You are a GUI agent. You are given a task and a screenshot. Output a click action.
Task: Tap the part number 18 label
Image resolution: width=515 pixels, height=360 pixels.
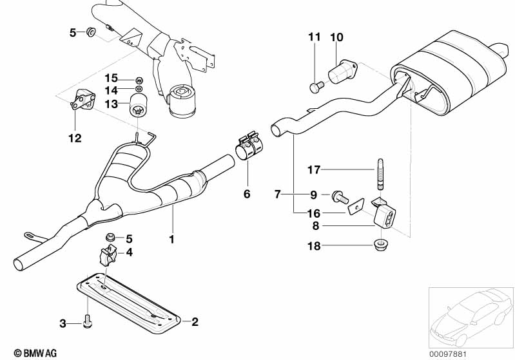(x=314, y=246)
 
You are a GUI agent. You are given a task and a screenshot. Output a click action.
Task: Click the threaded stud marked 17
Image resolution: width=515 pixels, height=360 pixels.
(x=380, y=175)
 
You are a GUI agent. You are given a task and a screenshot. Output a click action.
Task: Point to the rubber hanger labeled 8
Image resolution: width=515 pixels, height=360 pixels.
(x=385, y=214)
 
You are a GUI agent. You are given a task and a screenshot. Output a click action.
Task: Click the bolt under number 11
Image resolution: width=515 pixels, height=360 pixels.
(x=316, y=86)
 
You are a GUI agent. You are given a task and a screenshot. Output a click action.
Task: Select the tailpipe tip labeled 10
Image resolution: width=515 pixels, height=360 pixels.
(x=342, y=71)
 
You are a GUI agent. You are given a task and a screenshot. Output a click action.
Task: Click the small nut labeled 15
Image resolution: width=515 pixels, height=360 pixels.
(x=139, y=79)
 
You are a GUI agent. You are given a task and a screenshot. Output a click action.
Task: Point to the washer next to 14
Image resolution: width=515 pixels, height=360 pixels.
(x=139, y=89)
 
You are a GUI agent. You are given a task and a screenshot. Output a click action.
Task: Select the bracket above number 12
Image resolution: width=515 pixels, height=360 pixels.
(x=83, y=99)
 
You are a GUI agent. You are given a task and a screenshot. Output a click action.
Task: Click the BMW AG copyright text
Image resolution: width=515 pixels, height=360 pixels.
(x=35, y=353)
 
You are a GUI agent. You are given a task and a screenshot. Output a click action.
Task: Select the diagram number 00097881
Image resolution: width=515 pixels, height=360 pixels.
(x=448, y=354)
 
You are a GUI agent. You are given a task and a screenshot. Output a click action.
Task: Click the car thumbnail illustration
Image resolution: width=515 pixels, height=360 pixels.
(x=471, y=317)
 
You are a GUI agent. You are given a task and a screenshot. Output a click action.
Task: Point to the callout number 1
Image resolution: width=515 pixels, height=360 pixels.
(x=171, y=239)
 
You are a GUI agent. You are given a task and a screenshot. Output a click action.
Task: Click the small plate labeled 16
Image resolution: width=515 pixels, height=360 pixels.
(x=356, y=206)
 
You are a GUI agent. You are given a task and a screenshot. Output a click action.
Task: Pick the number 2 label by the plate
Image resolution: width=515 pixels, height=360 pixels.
(x=195, y=321)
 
